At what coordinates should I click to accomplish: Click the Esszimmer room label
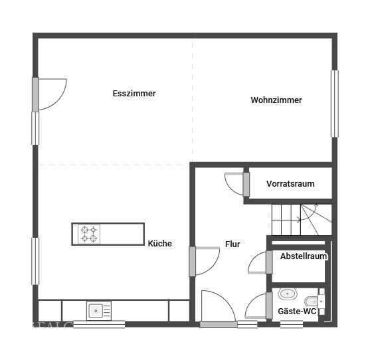pyautogui.click(x=134, y=94)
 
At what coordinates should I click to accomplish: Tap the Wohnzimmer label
pyautogui.click(x=276, y=100)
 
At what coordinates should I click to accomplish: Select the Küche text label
pyautogui.click(x=160, y=244)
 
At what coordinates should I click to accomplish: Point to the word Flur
pyautogui.click(x=232, y=244)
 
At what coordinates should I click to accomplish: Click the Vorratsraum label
pyautogui.click(x=290, y=184)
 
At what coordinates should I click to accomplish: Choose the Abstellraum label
pyautogui.click(x=304, y=256)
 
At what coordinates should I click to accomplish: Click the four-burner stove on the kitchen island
pyautogui.click(x=89, y=234)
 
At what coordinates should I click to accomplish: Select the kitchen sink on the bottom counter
pyautogui.click(x=98, y=310)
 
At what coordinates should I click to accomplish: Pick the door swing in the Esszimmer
pyautogui.click(x=51, y=94)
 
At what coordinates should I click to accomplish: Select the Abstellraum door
pyautogui.click(x=258, y=263)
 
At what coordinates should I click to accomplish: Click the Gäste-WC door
pyautogui.click(x=257, y=307)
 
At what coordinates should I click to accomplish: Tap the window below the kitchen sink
pyautogui.click(x=99, y=325)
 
